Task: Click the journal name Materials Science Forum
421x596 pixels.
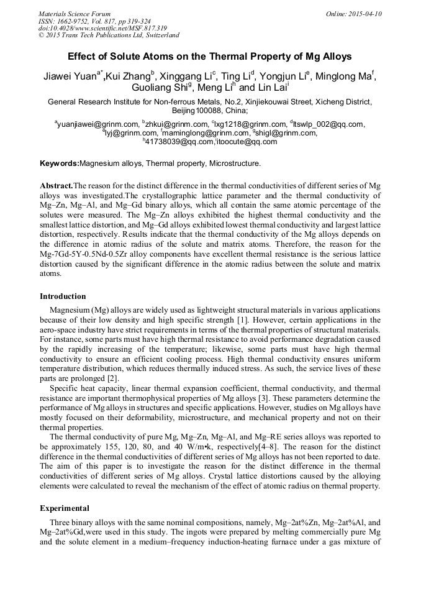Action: click(75, 14)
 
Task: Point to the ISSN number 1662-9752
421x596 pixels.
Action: click(78, 21)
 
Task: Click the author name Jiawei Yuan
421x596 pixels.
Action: click(70, 77)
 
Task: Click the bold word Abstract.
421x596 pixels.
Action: click(56, 186)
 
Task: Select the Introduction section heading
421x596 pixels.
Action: click(63, 296)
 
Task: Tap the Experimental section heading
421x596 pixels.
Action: click(65, 508)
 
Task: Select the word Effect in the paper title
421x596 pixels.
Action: click(81, 56)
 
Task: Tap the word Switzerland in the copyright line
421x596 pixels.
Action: click(159, 35)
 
